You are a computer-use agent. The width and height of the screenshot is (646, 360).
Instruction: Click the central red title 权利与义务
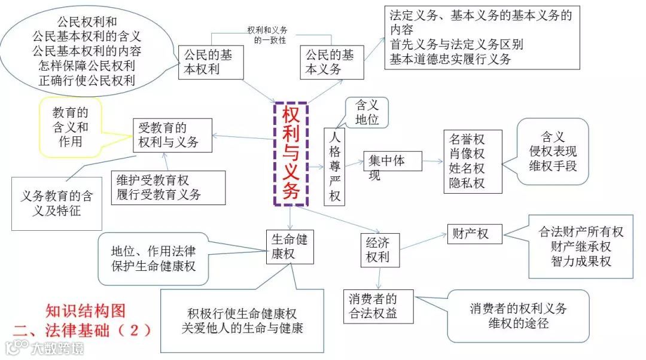pos(291,154)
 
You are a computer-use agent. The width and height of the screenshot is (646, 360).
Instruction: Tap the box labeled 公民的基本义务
pos(331,62)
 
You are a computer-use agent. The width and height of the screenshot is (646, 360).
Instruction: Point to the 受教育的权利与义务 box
pos(172,135)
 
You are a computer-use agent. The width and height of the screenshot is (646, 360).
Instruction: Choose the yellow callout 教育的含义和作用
pos(71,127)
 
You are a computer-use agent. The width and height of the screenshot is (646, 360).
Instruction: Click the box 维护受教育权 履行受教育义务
pos(168,187)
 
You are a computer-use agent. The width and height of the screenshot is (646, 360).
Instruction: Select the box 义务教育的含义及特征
pos(57,203)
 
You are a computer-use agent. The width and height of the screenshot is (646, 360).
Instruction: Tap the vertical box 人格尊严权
pos(334,166)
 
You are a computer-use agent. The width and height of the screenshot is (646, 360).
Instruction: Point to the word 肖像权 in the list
pos(467,154)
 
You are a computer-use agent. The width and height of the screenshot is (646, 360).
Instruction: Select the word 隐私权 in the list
pos(467,183)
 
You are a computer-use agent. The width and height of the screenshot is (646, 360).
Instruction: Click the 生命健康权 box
pos(290,246)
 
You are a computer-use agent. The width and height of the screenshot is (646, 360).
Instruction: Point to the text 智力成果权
pos(581,261)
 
